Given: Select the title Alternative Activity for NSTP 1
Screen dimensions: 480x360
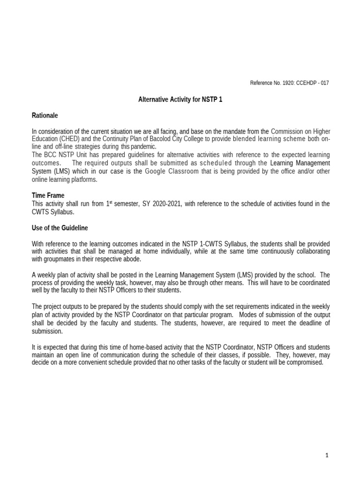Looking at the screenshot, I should pyautogui.click(x=180, y=99).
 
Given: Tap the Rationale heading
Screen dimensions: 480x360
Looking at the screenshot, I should pyautogui.click(x=45, y=115).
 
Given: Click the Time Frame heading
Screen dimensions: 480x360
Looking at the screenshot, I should pyautogui.click(x=48, y=195).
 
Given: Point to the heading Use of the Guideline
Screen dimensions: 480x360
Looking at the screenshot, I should pyautogui.click(x=60, y=228).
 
